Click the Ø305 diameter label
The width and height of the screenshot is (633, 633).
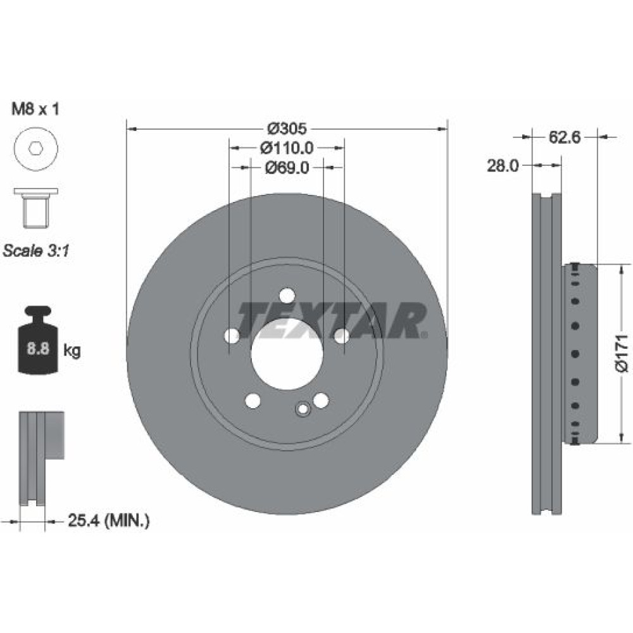[287, 128]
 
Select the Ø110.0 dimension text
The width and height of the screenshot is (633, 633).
[287, 148]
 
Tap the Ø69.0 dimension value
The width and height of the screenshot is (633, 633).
[287, 167]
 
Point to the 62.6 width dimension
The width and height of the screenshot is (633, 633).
[565, 137]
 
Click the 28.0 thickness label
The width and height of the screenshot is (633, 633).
[503, 165]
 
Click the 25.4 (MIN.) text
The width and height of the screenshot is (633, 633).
[109, 520]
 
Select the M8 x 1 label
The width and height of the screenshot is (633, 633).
[35, 109]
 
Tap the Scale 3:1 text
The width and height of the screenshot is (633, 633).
[36, 251]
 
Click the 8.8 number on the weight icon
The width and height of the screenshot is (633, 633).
[38, 348]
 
